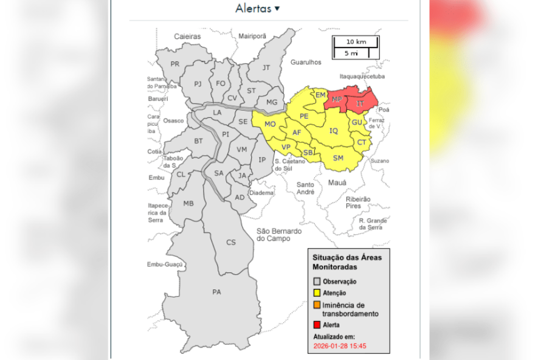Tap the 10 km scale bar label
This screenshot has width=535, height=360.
[355, 42]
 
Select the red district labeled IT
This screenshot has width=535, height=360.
[360, 104]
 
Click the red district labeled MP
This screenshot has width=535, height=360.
[336, 99]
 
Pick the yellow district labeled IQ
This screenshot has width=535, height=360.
[333, 131]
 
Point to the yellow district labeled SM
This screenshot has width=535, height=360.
[338, 158]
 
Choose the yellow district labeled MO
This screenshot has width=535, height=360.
[270, 124]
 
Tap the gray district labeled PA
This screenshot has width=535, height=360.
[216, 292]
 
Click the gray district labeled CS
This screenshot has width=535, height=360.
[231, 242]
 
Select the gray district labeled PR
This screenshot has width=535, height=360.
[175, 64]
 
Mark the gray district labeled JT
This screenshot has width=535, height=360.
[266, 67]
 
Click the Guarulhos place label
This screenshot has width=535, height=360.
[305, 62]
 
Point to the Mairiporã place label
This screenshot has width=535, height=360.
[252, 36]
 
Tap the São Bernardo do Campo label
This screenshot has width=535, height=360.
[278, 235]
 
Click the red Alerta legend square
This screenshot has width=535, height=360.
[317, 325]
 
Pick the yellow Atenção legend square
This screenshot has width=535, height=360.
[317, 293]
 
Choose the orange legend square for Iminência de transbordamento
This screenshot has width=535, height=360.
[317, 305]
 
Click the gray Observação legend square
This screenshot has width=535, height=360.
[317, 282]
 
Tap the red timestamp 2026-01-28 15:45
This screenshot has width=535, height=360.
[344, 346]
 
